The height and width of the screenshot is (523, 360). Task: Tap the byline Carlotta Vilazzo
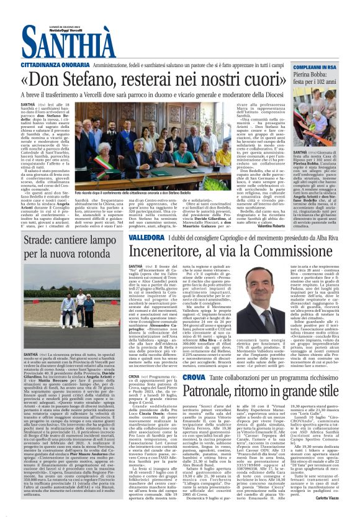click(x=338, y=515)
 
